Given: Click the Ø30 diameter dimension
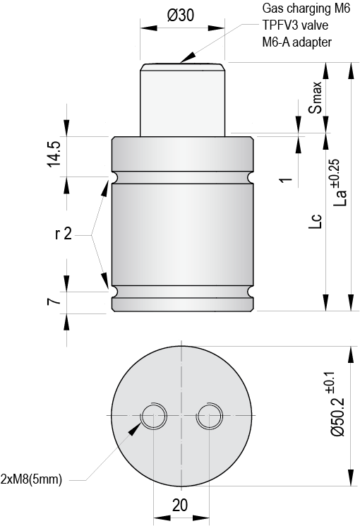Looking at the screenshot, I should pyautogui.click(x=181, y=16).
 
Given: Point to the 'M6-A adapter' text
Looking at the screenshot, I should pyautogui.click(x=296, y=42).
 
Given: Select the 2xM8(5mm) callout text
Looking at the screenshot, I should pyautogui.click(x=32, y=479).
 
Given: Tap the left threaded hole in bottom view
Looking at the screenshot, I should pyautogui.click(x=153, y=417).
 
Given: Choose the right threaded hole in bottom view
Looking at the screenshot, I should pyautogui.click(x=210, y=417).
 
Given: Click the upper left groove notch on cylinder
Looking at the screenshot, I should pyautogui.click(x=112, y=176).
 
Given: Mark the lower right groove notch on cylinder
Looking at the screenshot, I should pyautogui.click(x=251, y=291).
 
